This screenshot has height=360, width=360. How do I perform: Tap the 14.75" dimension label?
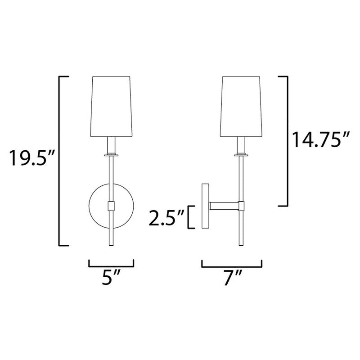click(x=320, y=139)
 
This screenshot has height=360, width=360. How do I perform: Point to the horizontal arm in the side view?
click(x=224, y=206)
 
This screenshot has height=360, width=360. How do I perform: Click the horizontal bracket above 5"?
click(x=111, y=263)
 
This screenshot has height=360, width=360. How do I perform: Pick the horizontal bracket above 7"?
click(x=233, y=263)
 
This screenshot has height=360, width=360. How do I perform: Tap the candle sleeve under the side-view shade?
click(x=242, y=145)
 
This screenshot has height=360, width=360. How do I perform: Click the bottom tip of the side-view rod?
click(x=242, y=245)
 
